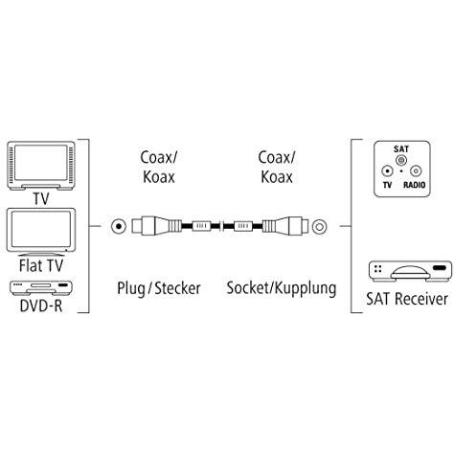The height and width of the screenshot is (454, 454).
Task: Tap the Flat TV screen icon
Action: coord(39,228)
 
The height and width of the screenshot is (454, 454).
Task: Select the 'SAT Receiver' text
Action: coord(406,299)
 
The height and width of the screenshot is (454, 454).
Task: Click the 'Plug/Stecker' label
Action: coord(159,286)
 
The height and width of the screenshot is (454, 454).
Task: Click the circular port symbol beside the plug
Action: coord(117,228)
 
